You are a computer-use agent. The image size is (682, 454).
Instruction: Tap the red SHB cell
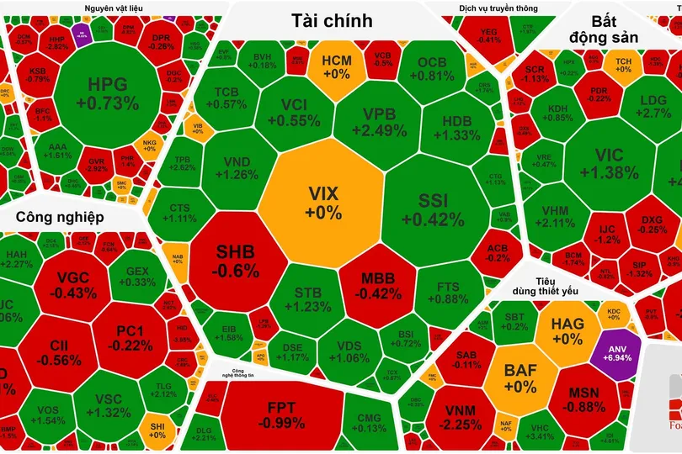coord(237,261)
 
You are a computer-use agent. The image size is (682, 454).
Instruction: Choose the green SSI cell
coord(433,210)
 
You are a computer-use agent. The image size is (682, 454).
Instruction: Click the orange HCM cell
coord(336,66)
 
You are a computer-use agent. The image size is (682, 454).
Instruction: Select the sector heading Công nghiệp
coord(59,217)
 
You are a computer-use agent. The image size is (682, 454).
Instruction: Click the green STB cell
coord(308,301)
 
